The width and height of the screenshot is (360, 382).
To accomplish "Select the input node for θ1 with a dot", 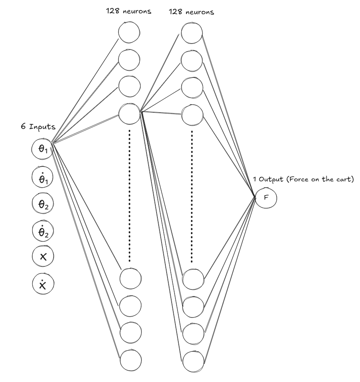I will coord(42,177).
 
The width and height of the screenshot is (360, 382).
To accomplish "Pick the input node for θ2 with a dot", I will coord(42,231).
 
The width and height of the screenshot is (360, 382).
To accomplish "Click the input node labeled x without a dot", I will coord(42,257).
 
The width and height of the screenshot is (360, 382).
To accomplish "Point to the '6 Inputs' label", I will coord(38,127).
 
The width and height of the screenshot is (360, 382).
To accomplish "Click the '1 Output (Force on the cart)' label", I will coord(303,179).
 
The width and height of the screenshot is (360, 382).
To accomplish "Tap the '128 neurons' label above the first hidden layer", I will coord(129,12).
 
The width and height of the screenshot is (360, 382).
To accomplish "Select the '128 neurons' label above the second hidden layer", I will coord(191,12).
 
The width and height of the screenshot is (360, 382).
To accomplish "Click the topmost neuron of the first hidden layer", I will coord(129,32).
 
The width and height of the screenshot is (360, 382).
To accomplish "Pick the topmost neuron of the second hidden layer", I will coord(193,32).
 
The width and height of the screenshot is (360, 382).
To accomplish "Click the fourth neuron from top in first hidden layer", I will coord(129,113).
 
